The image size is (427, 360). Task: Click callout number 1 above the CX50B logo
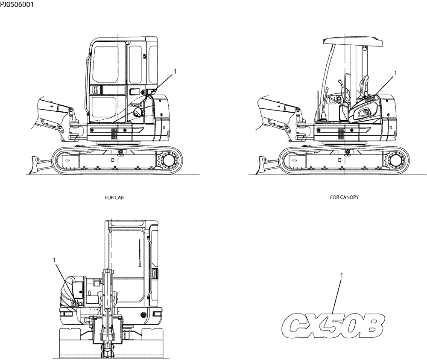[341, 276]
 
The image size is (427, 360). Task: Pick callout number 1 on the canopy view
[395, 73]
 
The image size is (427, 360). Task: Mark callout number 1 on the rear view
[54, 259]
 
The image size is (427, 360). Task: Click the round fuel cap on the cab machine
[138, 112]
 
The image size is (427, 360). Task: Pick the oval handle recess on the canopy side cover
[364, 112]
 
